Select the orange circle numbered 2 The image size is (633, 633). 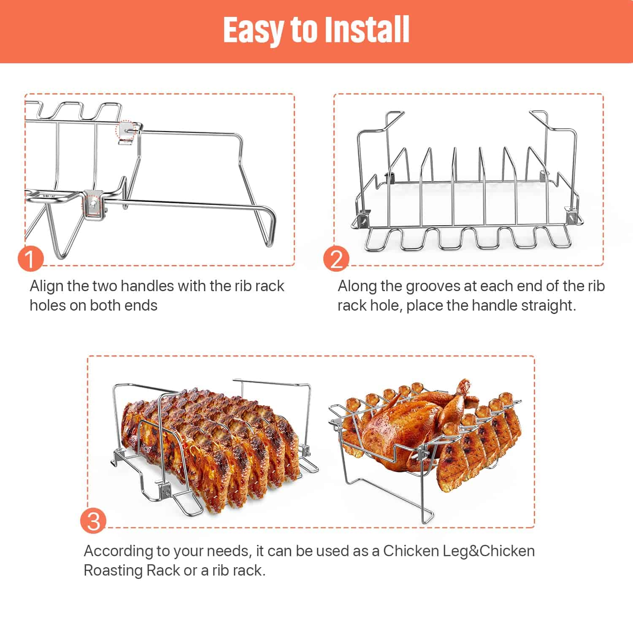336,258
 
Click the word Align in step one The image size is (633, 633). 46,286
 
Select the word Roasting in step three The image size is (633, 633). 113,570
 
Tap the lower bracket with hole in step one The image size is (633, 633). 94,205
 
